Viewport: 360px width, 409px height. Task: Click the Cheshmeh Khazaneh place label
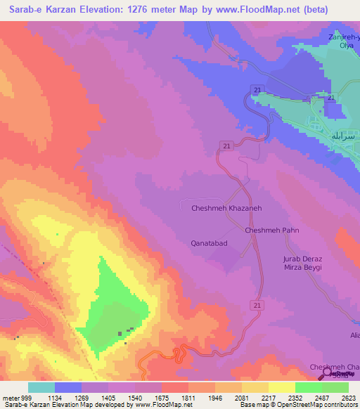click(x=226, y=208)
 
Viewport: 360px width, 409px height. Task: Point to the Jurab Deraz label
click(x=302, y=259)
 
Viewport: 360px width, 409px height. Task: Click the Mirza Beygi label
click(x=302, y=268)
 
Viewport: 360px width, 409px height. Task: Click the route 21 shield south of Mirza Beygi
click(x=257, y=304)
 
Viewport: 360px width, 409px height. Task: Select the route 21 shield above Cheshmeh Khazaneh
click(x=226, y=145)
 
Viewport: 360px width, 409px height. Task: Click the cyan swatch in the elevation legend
click(x=41, y=387)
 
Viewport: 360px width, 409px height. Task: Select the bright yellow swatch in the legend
click(x=281, y=387)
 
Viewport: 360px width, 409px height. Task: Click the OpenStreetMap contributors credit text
click(x=320, y=405)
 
